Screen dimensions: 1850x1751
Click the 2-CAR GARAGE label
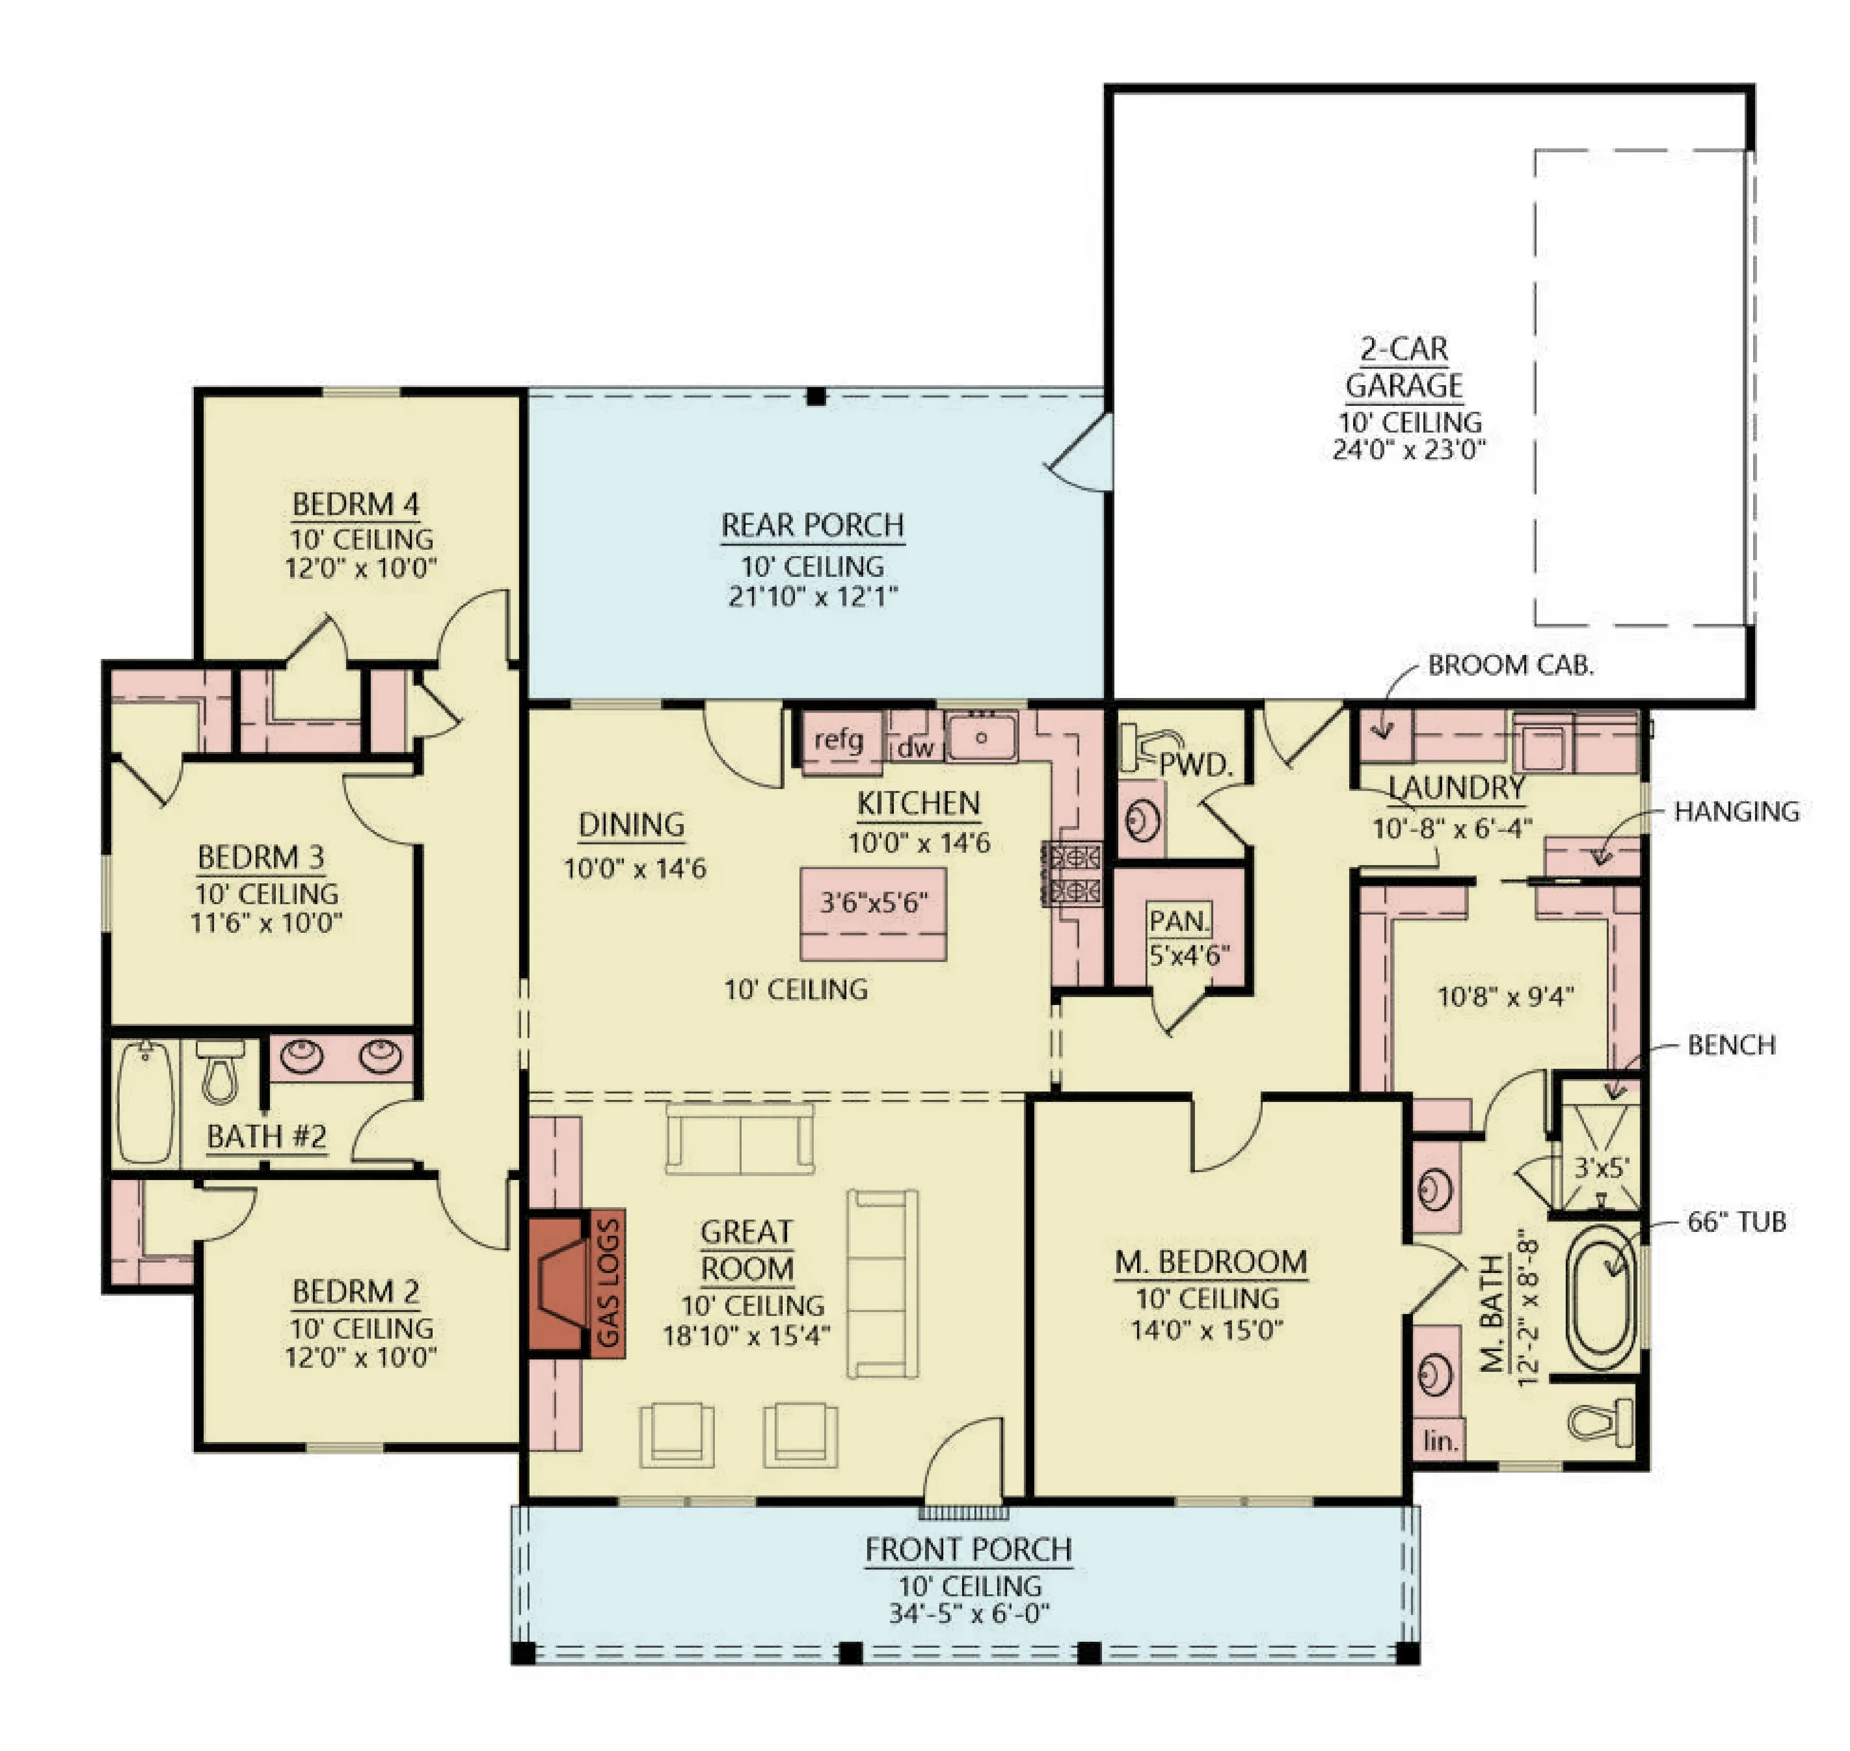click(x=1404, y=367)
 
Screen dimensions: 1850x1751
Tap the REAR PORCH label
click(x=812, y=525)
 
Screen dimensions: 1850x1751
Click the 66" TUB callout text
click(x=1736, y=1222)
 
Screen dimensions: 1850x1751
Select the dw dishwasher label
click(x=915, y=747)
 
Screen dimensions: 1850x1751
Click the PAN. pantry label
click(x=1180, y=921)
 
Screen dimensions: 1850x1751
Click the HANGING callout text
click(x=1736, y=811)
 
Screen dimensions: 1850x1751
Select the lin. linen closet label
click(x=1440, y=1441)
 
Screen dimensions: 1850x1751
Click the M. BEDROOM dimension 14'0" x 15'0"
click(x=1207, y=1329)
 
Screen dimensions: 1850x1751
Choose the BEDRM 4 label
click(x=355, y=504)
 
